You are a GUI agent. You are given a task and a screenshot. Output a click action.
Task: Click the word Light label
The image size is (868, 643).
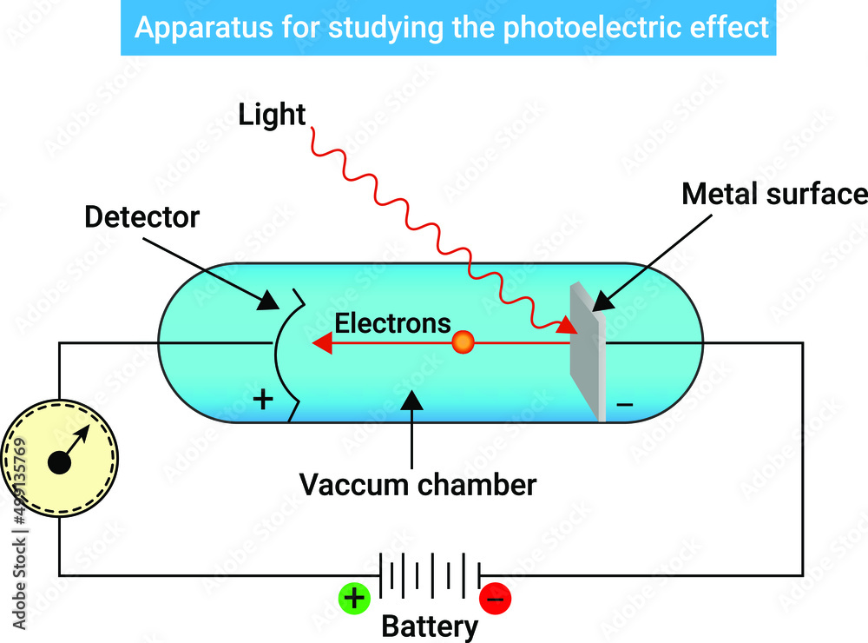pyautogui.click(x=273, y=116)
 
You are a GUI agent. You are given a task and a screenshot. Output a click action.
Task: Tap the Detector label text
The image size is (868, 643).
pyautogui.click(x=141, y=217)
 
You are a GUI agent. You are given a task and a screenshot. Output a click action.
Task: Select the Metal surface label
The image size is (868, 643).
pyautogui.click(x=774, y=194)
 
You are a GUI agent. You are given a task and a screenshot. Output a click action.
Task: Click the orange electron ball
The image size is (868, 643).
pyautogui.click(x=464, y=343)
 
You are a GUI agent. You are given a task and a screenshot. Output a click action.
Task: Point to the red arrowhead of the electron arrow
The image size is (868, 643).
pyautogui.click(x=323, y=344)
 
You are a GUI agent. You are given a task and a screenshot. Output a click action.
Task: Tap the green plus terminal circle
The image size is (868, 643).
pyautogui.click(x=353, y=598)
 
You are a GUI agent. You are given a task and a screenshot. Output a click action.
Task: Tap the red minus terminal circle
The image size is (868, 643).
pyautogui.click(x=496, y=598)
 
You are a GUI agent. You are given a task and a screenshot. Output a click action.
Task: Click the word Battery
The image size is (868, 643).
pyautogui.click(x=430, y=626)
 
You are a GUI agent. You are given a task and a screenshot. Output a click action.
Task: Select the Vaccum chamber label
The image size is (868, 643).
pyautogui.click(x=418, y=484)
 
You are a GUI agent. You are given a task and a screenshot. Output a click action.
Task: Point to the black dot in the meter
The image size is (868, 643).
pyautogui.click(x=59, y=464)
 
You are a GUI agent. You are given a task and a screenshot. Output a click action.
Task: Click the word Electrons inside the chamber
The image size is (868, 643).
pyautogui.click(x=393, y=324)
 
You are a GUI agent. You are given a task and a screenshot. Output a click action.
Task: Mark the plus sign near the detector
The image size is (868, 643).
pyautogui.click(x=262, y=400)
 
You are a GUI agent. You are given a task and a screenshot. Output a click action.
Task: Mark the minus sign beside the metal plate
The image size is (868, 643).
pyautogui.click(x=624, y=405)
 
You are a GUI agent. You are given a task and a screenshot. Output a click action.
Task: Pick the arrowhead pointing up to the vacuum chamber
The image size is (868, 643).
pyautogui.click(x=411, y=399)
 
